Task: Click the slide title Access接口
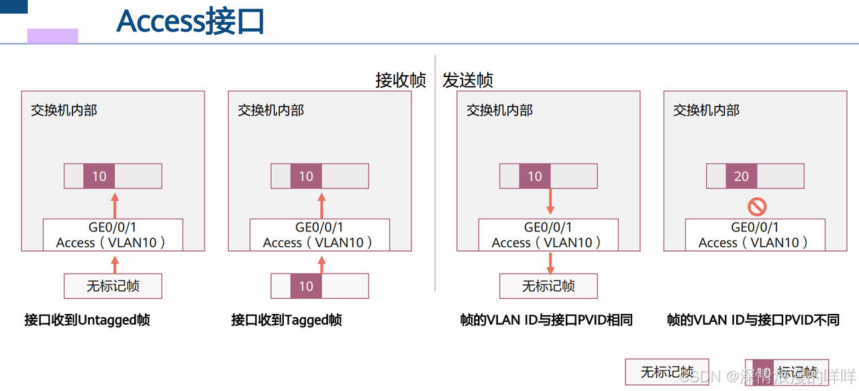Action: click(191, 21)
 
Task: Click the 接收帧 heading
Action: click(401, 80)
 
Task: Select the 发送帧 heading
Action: click(468, 80)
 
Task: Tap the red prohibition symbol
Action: click(757, 207)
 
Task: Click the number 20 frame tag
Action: click(742, 176)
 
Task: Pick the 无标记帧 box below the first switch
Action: click(113, 286)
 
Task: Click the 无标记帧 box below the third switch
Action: click(548, 286)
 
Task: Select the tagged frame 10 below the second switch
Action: click(306, 286)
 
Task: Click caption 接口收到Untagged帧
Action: click(87, 320)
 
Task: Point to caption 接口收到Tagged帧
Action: click(287, 320)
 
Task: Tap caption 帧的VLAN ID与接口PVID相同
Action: click(546, 320)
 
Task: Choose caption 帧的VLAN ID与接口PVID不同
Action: click(753, 320)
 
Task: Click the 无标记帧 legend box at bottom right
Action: click(667, 372)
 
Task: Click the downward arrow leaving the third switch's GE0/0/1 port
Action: click(550, 262)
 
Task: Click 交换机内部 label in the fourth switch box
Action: click(707, 110)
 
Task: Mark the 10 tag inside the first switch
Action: click(99, 176)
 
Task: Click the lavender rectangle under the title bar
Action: click(52, 36)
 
